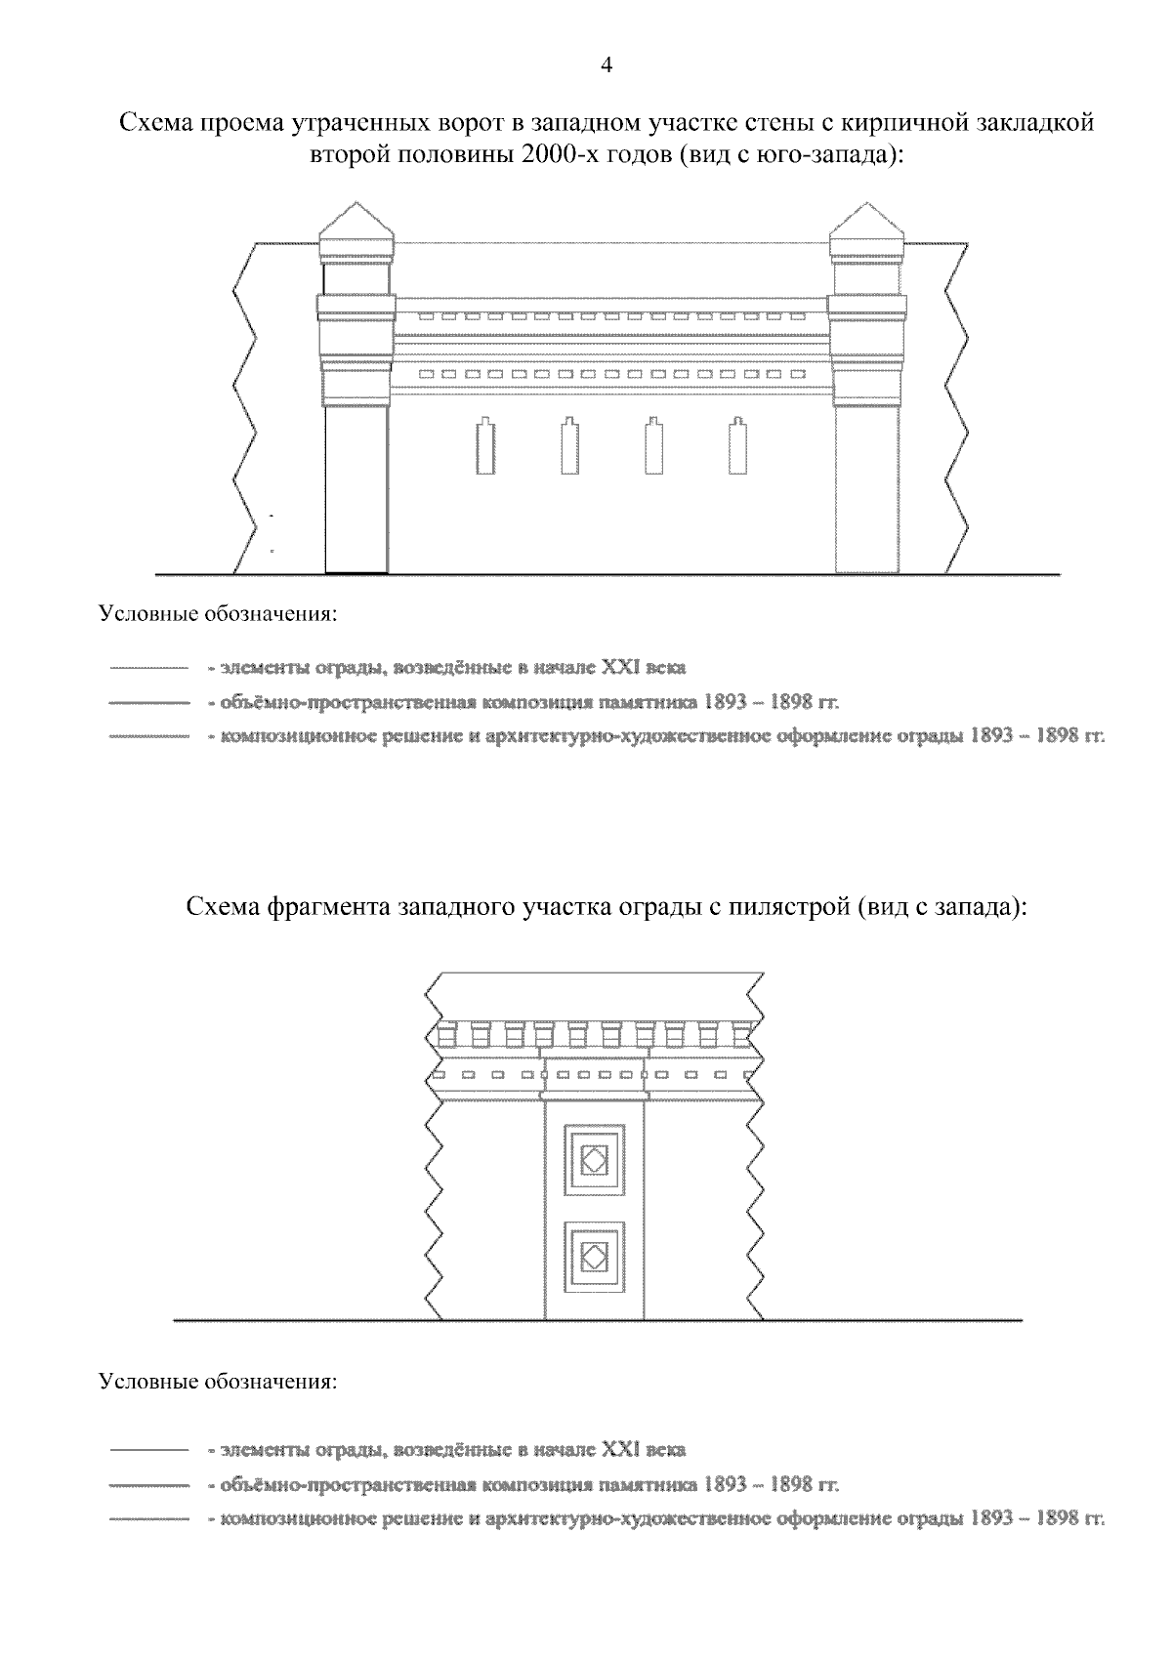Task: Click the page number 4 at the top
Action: coord(605,65)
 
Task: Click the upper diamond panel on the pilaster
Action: coord(595,1159)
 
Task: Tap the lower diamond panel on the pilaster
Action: coord(595,1254)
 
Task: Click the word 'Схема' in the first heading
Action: coord(155,124)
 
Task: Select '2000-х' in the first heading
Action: coord(560,154)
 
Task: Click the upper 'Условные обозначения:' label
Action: coord(218,616)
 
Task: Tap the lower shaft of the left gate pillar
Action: coord(356,488)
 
